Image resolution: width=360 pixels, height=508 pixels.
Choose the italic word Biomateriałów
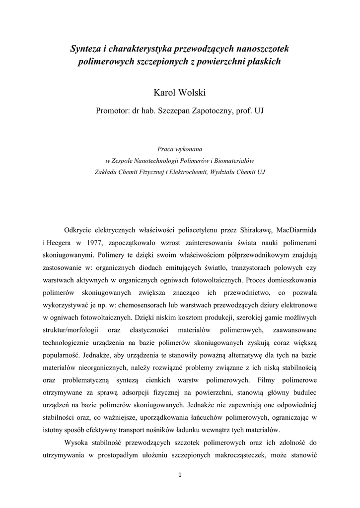(231, 160)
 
